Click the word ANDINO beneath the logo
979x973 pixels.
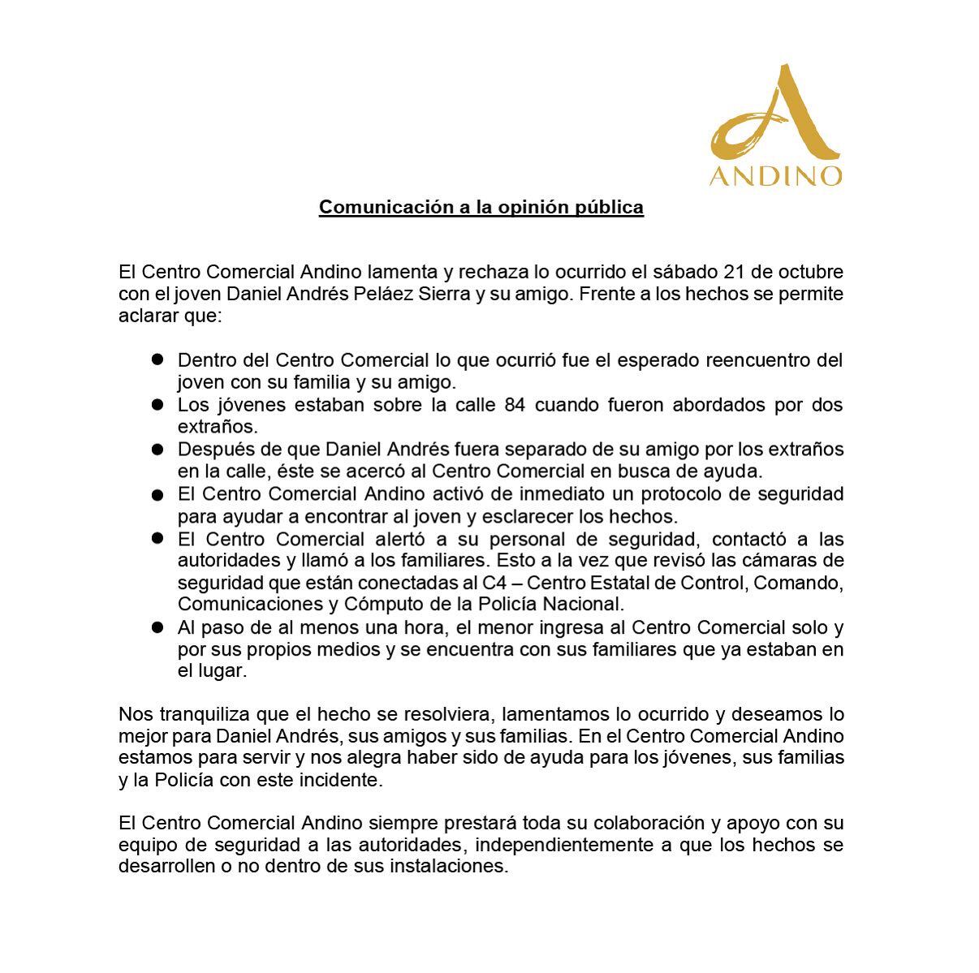tap(776, 176)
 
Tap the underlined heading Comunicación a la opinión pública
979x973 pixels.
tap(481, 207)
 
